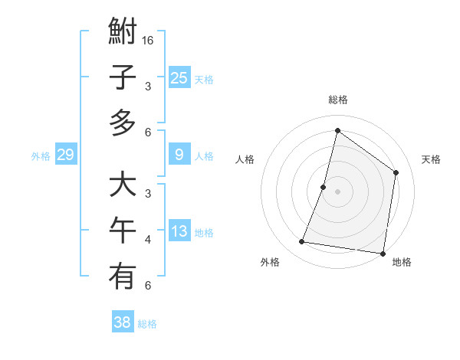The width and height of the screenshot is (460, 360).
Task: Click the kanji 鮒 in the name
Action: (x=123, y=34)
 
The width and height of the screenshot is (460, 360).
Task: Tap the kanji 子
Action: (x=123, y=78)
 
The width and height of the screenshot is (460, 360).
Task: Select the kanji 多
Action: (x=123, y=123)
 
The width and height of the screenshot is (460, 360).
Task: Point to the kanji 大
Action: (x=123, y=186)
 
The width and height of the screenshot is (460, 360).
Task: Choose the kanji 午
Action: (x=123, y=231)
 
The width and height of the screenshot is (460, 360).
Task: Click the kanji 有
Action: (x=123, y=277)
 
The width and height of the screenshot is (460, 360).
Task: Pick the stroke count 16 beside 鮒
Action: (x=149, y=40)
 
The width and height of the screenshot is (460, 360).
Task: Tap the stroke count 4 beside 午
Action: (x=148, y=240)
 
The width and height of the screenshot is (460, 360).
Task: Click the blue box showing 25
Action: (x=179, y=77)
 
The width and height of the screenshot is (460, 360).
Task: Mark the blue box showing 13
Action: (x=179, y=232)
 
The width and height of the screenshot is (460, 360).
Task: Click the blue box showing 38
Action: (x=123, y=322)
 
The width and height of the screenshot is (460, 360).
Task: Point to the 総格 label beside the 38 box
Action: (x=147, y=324)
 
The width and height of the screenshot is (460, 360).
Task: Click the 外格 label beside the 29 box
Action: (x=41, y=156)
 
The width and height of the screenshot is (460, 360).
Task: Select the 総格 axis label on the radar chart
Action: (x=337, y=100)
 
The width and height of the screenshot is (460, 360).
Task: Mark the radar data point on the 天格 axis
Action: (x=396, y=172)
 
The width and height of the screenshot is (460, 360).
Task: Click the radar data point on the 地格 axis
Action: (x=382, y=253)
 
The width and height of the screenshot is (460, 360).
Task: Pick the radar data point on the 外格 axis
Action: (x=302, y=242)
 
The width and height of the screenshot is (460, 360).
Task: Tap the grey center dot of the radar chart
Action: (x=337, y=191)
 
